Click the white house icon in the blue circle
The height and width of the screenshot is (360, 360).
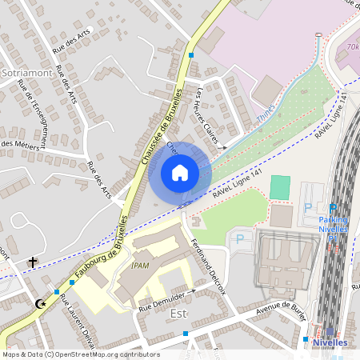pyautogui.click(x=180, y=172)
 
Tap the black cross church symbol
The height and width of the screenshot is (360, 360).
pyautogui.click(x=33, y=262)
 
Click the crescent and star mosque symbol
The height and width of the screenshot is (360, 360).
pyautogui.click(x=41, y=304)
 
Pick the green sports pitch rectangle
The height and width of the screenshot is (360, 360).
pyautogui.click(x=280, y=187)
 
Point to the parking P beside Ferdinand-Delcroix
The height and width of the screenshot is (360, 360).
pyautogui.click(x=238, y=238)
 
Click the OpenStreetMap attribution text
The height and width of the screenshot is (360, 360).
pyautogui.click(x=81, y=354)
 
